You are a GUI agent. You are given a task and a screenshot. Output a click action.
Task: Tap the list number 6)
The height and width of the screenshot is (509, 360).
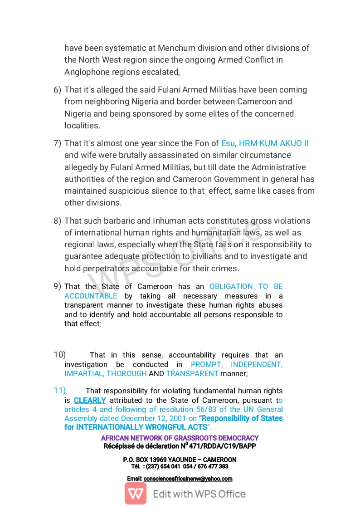click(x=57, y=90)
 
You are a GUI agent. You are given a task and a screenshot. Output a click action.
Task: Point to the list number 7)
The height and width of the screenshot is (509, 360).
click(x=57, y=143)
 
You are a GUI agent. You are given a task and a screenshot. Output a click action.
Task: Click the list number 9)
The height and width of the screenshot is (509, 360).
click(x=57, y=286)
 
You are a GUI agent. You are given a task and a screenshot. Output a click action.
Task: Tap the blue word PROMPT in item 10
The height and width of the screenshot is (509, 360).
click(x=208, y=364)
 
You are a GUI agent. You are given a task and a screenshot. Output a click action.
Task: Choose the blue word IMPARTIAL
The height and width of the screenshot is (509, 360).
click(x=84, y=373)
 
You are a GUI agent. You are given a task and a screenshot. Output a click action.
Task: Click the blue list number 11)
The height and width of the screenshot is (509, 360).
click(x=59, y=391)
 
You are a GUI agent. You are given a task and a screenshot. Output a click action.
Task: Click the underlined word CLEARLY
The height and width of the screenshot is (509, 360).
click(x=90, y=401)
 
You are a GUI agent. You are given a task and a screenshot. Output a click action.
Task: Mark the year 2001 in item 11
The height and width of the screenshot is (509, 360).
click(x=178, y=418)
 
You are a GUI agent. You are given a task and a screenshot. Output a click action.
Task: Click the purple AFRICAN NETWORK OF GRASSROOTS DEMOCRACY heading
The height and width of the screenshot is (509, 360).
click(x=180, y=438)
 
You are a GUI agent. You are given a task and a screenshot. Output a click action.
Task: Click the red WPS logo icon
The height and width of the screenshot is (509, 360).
click(x=136, y=494)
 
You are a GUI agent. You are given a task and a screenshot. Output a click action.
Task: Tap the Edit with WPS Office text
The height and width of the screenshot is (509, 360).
click(x=199, y=494)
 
